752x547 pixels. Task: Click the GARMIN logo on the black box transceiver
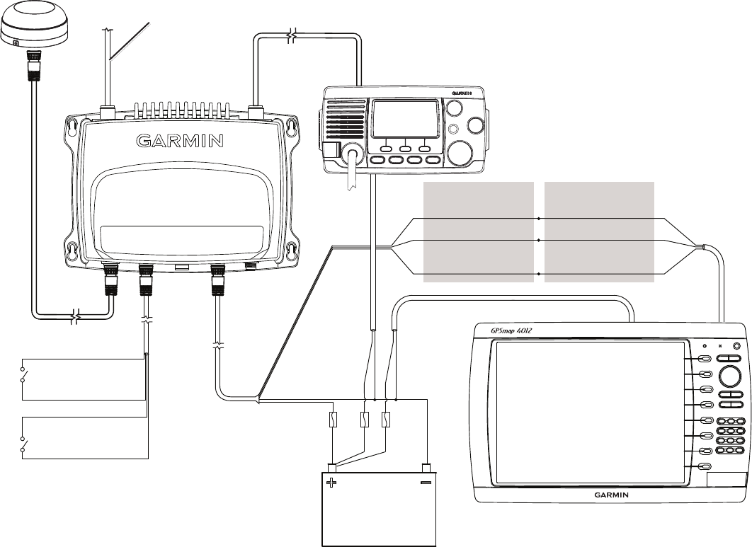click(x=180, y=140)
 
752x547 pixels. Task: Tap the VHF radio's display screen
click(x=405, y=120)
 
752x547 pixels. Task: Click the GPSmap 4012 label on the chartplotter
click(x=513, y=330)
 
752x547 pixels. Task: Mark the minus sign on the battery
click(x=426, y=484)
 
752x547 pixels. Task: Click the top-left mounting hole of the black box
click(x=71, y=128)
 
